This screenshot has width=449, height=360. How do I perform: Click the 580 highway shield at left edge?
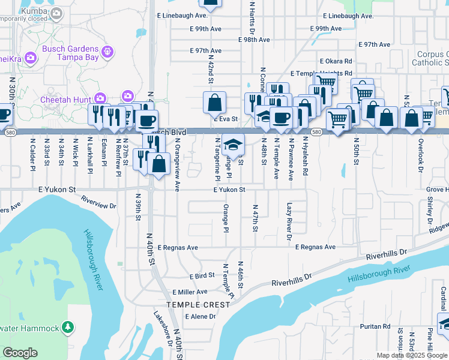[6, 131]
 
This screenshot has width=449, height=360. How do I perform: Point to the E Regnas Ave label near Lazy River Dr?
[314, 247]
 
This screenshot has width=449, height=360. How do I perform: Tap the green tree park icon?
[68, 328]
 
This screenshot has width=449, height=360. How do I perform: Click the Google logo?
[19, 353]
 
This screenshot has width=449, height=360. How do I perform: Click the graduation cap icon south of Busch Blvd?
[234, 144]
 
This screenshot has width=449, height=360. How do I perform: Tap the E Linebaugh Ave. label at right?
[348, 16]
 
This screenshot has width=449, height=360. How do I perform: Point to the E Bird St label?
[202, 277]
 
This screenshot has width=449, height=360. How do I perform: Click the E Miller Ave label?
[190, 292]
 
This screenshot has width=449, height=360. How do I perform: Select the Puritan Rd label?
[376, 328]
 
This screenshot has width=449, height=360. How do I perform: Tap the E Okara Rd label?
[336, 61]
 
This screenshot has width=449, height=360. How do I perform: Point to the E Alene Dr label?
[200, 317]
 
